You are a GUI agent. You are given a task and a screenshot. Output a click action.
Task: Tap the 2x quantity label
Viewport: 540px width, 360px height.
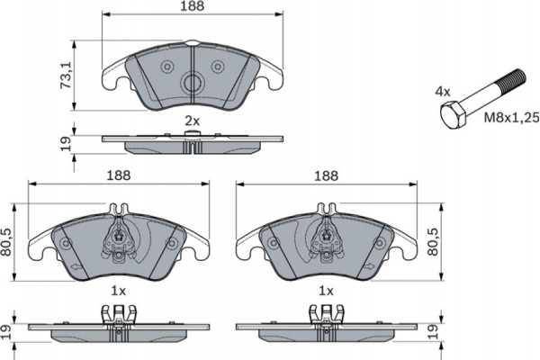pyautogui.click(x=191, y=121)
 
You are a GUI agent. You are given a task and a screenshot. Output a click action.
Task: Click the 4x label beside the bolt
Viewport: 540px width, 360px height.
pyautogui.click(x=443, y=92)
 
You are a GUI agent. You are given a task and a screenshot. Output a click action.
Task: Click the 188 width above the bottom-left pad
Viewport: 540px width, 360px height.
pyautogui.click(x=120, y=175)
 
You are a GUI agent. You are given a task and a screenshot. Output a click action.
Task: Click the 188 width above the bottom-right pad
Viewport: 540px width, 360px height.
pyautogui.click(x=328, y=175)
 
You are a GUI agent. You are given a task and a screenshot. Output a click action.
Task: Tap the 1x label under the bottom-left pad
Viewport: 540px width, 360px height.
pyautogui.click(x=117, y=292)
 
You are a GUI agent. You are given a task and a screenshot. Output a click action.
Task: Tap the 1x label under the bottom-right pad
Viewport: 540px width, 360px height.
pyautogui.click(x=327, y=292)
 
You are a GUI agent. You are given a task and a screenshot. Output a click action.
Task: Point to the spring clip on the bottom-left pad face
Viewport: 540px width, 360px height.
pyautogui.click(x=121, y=239)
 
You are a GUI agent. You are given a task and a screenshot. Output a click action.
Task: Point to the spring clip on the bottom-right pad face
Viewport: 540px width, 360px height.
pyautogui.click(x=328, y=239)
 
